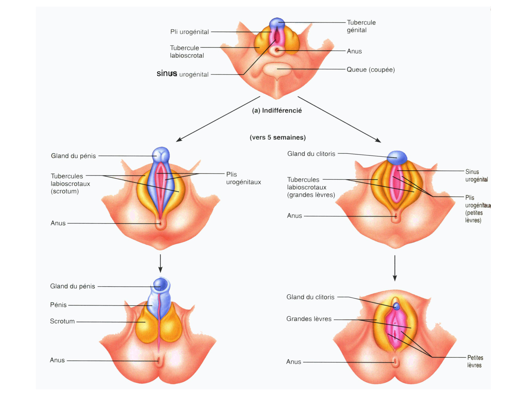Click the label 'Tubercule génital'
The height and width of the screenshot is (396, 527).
click(361, 26)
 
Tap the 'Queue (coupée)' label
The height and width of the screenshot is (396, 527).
click(370, 70)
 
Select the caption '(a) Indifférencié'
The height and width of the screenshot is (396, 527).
click(277, 111)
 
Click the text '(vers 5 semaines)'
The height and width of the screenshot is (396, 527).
click(278, 138)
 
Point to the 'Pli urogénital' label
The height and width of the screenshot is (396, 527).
click(189, 32)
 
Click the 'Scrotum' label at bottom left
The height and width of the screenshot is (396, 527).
click(62, 321)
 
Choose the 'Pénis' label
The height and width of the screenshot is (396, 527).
click(58, 305)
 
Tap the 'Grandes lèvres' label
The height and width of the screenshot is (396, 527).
click(309, 319)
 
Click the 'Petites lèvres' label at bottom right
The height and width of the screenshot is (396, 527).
click(475, 362)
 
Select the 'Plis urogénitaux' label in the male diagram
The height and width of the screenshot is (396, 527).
click(243, 178)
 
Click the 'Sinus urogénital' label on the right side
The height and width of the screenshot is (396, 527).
click(476, 176)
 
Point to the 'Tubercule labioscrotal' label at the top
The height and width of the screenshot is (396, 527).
click(187, 52)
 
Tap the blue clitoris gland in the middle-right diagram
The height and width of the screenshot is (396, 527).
click(397, 157)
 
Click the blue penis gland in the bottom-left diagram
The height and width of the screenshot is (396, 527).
click(161, 284)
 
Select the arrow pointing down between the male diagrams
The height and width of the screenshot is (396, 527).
click(160, 264)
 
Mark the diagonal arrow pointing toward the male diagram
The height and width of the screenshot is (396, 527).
click(218, 119)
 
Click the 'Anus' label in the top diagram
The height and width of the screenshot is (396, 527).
click(354, 51)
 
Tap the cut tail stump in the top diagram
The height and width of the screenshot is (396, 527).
click(277, 69)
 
